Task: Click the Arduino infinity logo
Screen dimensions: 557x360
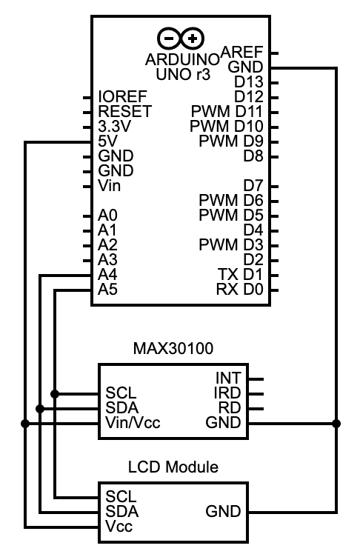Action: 181,38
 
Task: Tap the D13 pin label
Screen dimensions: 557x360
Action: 248,81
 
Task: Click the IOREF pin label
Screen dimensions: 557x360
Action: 122,97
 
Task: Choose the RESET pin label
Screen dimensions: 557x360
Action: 124,112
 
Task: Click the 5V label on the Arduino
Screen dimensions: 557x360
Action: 108,141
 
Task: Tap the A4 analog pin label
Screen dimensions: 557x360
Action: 107,275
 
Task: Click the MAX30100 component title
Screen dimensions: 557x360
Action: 173,348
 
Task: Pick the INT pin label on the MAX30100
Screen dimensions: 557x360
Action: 227,378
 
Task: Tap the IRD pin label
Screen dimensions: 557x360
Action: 227,393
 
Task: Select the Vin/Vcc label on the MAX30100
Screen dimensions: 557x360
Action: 133,423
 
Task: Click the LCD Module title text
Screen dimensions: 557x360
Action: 173,467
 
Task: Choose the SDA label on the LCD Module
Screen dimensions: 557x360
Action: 121,511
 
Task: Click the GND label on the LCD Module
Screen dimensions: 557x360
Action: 223,511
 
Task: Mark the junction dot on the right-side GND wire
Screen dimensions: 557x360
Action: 336,424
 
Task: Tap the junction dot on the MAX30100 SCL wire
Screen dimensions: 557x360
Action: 56,393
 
